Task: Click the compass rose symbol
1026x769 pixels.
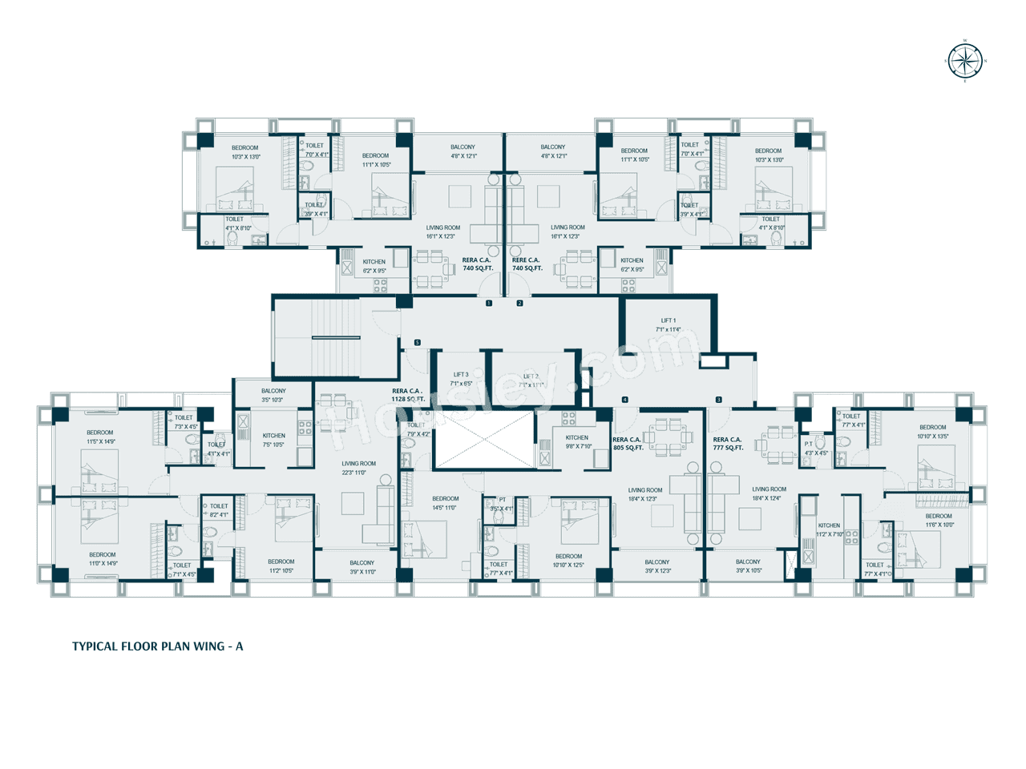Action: [965, 61]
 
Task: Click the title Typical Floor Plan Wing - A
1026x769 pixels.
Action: [157, 646]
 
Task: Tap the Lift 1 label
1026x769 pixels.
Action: [668, 325]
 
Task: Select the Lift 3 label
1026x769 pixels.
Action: [461, 379]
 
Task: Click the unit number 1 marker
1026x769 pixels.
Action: [489, 304]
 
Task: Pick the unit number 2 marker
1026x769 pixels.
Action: [519, 304]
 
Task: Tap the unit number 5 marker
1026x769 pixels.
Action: [417, 343]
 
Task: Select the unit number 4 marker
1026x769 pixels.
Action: [625, 400]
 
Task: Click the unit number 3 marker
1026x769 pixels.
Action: [718, 400]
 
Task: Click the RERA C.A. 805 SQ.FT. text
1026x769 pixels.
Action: [628, 444]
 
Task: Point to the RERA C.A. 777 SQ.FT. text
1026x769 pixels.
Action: [728, 444]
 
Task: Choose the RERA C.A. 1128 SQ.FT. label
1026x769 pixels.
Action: [407, 395]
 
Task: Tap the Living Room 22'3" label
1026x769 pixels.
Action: [358, 468]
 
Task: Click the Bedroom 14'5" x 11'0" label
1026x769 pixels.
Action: [445, 503]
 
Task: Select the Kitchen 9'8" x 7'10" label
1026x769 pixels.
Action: [577, 442]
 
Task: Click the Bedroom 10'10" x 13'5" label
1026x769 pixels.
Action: [933, 432]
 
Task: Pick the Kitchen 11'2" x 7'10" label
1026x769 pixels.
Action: [829, 529]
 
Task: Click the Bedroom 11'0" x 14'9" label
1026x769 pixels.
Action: [103, 559]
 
